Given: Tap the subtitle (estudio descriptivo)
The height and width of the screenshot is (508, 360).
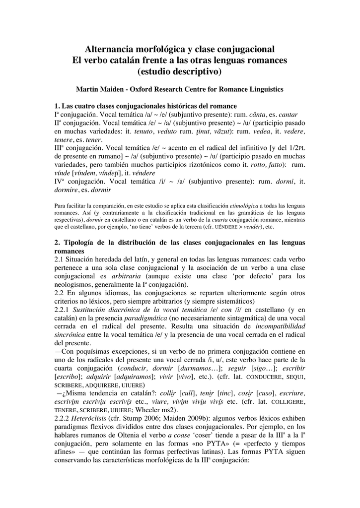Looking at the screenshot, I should [x=180, y=71].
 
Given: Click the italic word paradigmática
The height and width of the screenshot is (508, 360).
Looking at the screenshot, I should [x=144, y=318].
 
